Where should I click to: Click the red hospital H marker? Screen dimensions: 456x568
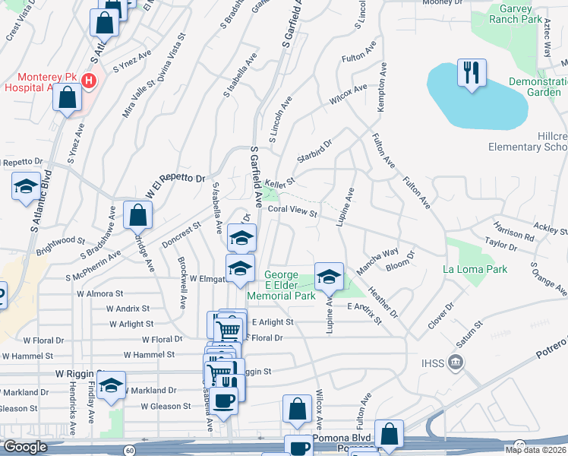point(90,80)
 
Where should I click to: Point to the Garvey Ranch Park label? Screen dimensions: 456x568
point(516,14)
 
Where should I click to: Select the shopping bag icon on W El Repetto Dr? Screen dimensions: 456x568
point(137,215)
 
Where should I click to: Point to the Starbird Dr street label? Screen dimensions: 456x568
point(315,149)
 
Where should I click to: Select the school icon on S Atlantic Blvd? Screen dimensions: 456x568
point(26,185)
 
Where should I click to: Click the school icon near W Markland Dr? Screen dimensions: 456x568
point(111,385)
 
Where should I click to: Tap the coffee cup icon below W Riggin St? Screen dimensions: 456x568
point(222,401)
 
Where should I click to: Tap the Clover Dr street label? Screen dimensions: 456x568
point(440,315)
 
